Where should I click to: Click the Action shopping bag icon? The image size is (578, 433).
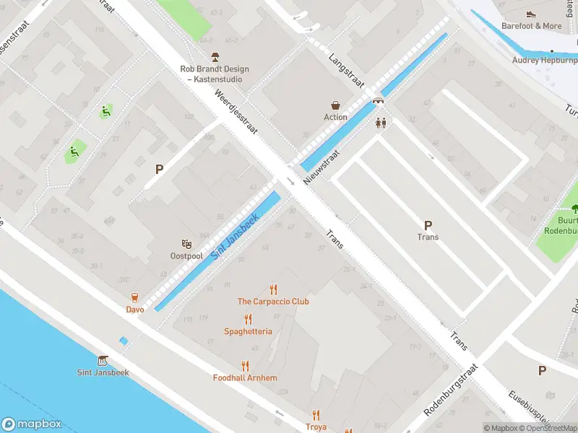point(335,105)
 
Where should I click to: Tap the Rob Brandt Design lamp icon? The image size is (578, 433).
point(215,57)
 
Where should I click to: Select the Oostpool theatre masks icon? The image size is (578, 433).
point(186,245)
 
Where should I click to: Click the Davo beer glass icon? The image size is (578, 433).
point(134,297)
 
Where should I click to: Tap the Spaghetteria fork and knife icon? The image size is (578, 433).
point(248,319)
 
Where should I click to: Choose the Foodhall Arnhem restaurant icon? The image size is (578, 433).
point(245,366)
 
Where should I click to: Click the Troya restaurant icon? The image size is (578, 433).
point(316,415)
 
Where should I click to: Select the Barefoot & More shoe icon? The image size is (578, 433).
point(531,14)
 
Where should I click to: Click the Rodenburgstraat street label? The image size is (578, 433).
point(449,390)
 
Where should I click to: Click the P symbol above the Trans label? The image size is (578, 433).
point(428,225)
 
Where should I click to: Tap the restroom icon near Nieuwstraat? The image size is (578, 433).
point(381,123)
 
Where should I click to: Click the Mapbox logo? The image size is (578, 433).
point(32,424)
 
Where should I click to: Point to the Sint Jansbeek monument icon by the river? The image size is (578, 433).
point(102,360)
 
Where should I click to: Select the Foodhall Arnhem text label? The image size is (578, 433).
point(245,378)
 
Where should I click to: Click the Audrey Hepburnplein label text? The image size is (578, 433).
point(543,61)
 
